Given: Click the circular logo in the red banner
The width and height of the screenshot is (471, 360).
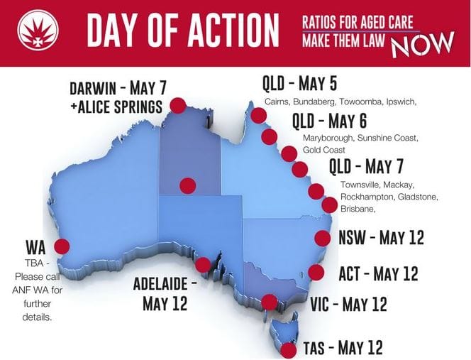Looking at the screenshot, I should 33,31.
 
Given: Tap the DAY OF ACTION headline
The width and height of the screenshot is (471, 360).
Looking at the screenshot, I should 182,32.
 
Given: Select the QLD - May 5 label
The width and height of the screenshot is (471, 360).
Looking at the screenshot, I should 300,84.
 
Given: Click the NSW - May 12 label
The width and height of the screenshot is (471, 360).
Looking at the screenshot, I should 381,237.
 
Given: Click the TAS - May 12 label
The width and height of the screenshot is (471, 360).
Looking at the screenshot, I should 342,348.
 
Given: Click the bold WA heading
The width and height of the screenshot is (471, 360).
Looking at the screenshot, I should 35,248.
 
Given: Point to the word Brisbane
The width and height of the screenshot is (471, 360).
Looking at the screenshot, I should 358,209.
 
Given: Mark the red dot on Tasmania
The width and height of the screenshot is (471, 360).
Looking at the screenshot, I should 288,349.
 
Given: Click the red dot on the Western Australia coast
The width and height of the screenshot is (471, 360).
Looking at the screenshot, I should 62,246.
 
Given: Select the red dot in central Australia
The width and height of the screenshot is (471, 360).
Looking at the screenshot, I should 187,185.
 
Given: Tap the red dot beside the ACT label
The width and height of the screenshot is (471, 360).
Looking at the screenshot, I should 317,272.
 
